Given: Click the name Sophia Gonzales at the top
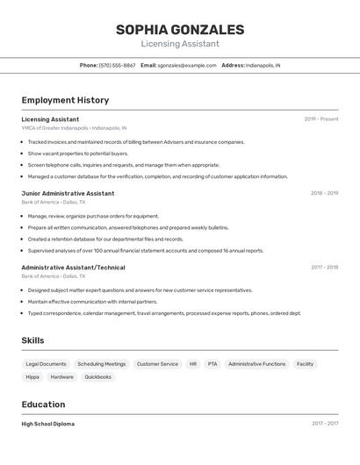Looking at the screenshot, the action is pos(180,30).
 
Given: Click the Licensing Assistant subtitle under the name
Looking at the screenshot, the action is pos(180,44).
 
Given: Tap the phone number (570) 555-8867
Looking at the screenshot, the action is pos(117,65).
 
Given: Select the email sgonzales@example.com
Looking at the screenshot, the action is pos(187,65).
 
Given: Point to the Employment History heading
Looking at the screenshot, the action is pos(65,100).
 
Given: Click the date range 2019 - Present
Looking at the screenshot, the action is pos(321,119).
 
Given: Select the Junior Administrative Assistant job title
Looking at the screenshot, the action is pos(68,193).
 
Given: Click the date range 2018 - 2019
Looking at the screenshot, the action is pos(324,193).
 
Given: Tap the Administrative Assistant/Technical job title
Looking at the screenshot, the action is pos(73,268).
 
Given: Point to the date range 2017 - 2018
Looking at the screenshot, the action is pos(324,268).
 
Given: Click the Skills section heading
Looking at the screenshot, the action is pos(32,340).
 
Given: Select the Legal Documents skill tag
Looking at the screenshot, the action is pos(46,363).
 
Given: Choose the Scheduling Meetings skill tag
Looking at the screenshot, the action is pos(101,363).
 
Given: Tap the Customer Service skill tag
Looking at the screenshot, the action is pos(157,363).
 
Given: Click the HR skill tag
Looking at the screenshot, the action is pos(193,363).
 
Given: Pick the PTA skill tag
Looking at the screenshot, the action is pos(212,363).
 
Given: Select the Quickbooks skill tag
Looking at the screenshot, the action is pos(97,377).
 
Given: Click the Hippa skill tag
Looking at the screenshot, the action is pos(32,377).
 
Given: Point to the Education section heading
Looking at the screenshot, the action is pos(43,404).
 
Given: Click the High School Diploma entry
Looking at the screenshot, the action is pos(47,424).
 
